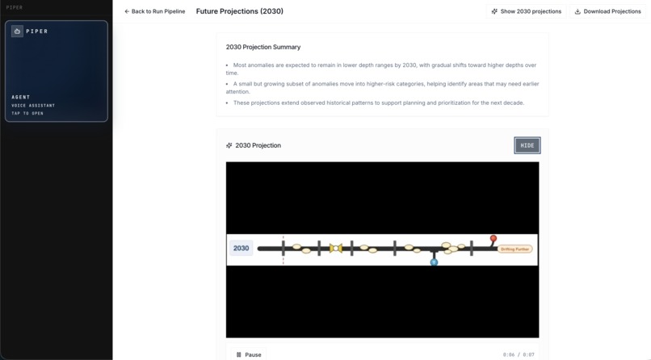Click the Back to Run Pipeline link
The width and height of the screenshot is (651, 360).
pyautogui.click(x=154, y=11)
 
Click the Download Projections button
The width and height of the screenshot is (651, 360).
pyautogui.click(x=607, y=11)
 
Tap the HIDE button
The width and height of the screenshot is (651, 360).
pyautogui.click(x=527, y=145)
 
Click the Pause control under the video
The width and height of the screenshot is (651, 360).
pyautogui.click(x=249, y=354)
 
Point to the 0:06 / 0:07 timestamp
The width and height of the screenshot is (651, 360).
pyautogui.click(x=518, y=354)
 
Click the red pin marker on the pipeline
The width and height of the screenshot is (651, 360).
pyautogui.click(x=493, y=239)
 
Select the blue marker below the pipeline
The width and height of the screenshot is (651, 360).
pyautogui.click(x=434, y=262)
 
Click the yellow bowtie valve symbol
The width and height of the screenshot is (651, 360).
pyautogui.click(x=336, y=248)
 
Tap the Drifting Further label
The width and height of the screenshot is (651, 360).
pyautogui.click(x=514, y=249)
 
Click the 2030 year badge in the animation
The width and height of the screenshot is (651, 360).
pyautogui.click(x=241, y=248)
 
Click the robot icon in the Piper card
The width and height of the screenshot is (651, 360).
pyautogui.click(x=17, y=31)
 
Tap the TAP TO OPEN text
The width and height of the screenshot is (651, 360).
pyautogui.click(x=27, y=113)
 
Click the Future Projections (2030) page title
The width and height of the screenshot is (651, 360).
pyautogui.click(x=239, y=11)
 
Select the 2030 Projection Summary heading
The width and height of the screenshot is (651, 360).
pyautogui.click(x=263, y=47)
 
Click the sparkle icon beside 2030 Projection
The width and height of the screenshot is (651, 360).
pyautogui.click(x=229, y=145)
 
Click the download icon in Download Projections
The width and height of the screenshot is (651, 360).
pyautogui.click(x=577, y=11)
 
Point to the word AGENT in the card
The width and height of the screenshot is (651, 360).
pyautogui.click(x=21, y=97)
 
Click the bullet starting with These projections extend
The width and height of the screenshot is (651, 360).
pyautogui.click(x=378, y=103)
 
